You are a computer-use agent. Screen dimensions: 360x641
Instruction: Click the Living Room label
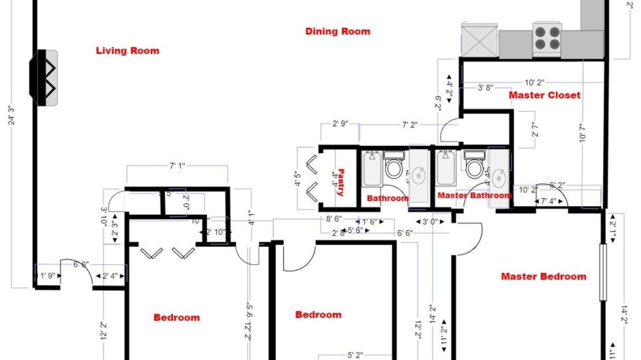(x=127, y=51)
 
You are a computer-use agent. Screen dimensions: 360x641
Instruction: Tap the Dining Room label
(x=337, y=31)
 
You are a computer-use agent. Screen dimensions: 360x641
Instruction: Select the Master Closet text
(x=544, y=95)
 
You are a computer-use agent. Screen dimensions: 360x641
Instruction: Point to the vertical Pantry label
(x=341, y=183)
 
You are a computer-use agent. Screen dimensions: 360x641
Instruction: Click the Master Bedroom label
(x=543, y=276)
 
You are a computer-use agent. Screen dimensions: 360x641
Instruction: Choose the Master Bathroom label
(x=474, y=195)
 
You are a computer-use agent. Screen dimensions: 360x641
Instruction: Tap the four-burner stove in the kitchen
(x=546, y=39)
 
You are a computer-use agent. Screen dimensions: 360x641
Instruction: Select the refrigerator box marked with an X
(x=479, y=40)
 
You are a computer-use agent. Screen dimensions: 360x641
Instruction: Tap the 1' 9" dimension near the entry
(x=47, y=276)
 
